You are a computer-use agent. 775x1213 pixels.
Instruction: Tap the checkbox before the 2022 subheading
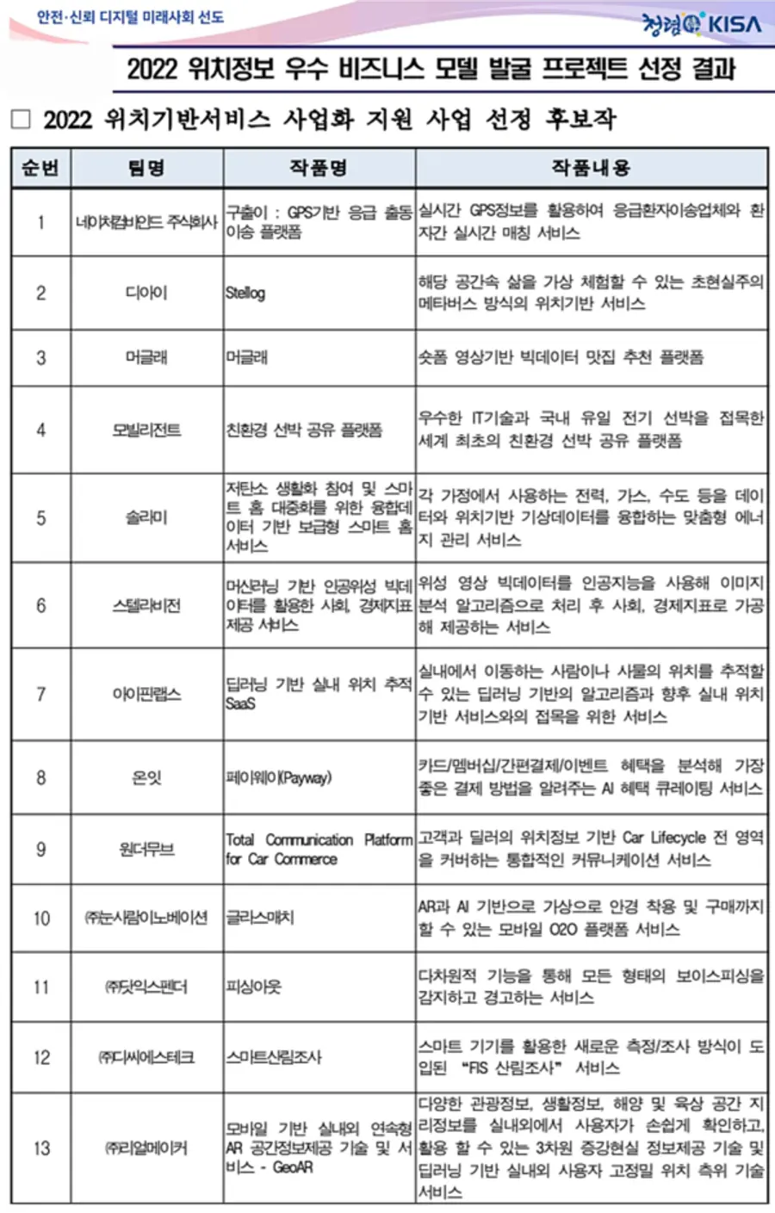coord(21,120)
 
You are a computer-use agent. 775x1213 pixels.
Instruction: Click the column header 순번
coord(40,168)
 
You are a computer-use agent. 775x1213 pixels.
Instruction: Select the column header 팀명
coord(146,168)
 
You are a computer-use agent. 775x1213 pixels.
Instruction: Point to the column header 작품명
coord(319,168)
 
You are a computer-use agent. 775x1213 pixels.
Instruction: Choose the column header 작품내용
coord(591,168)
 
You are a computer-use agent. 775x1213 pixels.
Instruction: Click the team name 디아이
coord(146,293)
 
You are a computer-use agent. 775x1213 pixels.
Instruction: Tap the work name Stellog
coord(245,293)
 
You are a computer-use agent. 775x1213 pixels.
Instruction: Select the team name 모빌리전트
coord(146,430)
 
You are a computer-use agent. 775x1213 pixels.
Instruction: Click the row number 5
coord(40,518)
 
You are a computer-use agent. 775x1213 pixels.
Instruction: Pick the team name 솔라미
coord(146,518)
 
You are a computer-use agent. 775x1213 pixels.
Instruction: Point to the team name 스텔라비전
coord(146,605)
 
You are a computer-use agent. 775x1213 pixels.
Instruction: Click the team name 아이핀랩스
coord(146,694)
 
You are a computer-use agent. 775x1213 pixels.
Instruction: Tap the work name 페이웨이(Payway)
coord(278,777)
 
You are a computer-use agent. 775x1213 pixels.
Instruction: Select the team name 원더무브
coord(146,850)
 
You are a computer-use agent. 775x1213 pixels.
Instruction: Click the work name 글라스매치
coord(260,918)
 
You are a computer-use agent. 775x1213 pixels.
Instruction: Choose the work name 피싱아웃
coord(254,987)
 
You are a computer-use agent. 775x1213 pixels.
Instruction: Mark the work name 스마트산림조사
coord(274,1057)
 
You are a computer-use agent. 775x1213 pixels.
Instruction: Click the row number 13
coord(41,1148)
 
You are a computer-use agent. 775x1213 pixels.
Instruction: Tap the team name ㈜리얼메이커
coord(146,1148)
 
